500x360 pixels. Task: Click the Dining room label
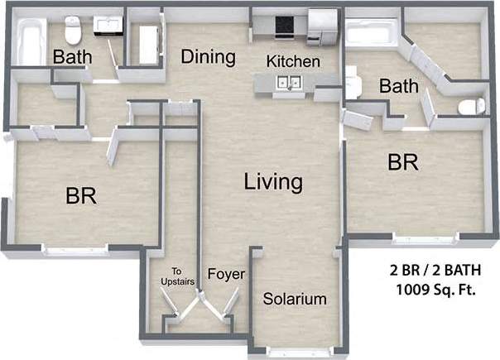click(x=209, y=57)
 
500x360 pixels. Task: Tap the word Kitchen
click(x=293, y=62)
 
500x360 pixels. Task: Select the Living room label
click(x=273, y=182)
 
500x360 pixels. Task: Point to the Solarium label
click(x=295, y=299)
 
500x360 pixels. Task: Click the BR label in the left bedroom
click(x=82, y=197)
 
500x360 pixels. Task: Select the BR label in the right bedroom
click(x=403, y=162)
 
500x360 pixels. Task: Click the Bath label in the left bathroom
click(x=73, y=58)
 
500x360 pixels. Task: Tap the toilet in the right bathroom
click(x=471, y=106)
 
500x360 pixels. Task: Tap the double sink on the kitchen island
click(x=289, y=82)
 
